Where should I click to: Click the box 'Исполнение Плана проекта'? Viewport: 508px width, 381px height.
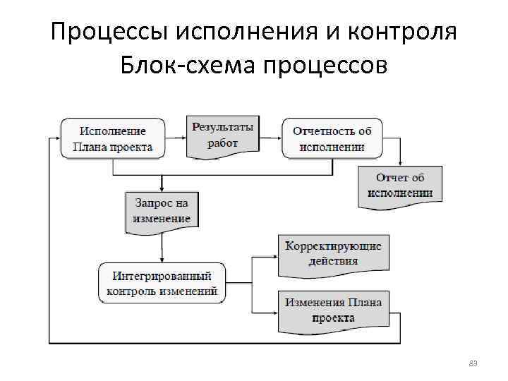(113, 138)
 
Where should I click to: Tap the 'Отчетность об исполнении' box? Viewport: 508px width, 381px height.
(332, 138)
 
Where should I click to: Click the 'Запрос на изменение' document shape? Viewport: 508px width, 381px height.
(162, 210)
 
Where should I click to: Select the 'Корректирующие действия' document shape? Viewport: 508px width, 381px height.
(333, 255)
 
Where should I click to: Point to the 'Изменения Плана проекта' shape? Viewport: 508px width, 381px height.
(333, 311)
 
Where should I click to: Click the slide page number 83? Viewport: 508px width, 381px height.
(473, 363)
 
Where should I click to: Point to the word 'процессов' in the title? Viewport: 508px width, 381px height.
(325, 66)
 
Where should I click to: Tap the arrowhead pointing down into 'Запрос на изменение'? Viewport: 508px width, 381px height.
(162, 188)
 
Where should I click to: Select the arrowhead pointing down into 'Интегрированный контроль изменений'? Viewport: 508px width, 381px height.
(162, 260)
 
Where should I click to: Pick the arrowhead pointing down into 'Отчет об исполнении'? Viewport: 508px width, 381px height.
(400, 163)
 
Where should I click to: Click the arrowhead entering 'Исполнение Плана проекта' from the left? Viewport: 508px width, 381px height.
(57, 138)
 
